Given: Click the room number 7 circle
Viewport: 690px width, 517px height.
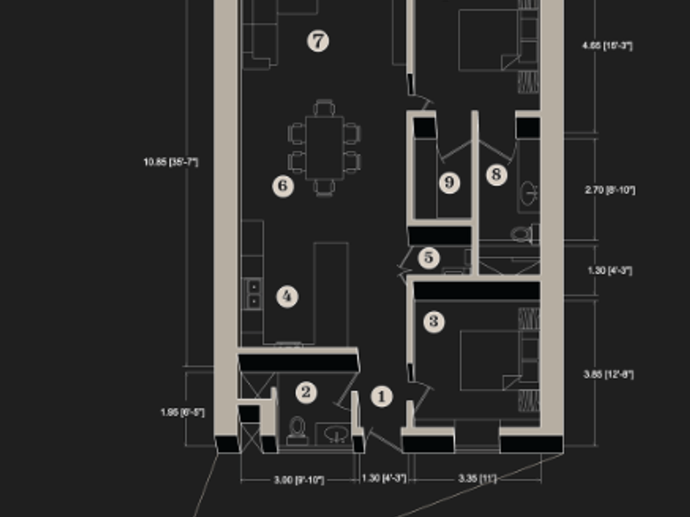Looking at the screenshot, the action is coord(318,41).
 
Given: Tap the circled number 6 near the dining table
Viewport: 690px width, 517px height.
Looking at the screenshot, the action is coord(283,186).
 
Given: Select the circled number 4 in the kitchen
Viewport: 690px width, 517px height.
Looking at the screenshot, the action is coord(287,296).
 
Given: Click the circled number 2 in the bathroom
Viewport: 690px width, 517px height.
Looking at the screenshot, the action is coord(306,392).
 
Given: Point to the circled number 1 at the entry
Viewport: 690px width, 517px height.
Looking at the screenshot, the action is coord(381,397).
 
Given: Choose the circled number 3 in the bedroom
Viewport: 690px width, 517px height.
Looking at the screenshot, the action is coord(435,321).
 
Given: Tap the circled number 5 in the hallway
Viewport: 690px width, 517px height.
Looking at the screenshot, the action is coord(430,258).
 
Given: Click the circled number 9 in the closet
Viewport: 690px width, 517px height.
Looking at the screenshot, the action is coord(449,182).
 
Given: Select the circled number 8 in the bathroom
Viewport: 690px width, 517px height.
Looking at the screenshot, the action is coord(495,174).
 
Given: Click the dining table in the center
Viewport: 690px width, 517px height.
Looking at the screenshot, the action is coord(324,147).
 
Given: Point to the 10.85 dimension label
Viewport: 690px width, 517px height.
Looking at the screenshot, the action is coord(171,162).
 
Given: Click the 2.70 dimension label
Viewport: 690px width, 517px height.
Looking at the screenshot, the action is coord(609,190).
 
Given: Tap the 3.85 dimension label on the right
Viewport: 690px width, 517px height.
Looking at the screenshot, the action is coord(609,375).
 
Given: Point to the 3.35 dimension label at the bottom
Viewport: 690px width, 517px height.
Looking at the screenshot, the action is coord(476,478).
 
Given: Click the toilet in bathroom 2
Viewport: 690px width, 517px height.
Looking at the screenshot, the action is coord(297,430).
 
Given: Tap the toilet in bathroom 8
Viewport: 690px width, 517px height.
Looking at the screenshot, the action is coord(522,235).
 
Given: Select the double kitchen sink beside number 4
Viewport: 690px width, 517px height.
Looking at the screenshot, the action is coord(255,293).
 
